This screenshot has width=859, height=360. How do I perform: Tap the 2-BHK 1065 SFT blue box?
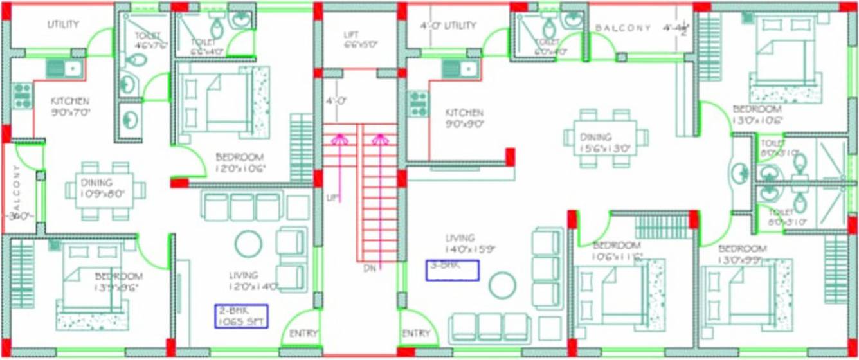coord(241,316)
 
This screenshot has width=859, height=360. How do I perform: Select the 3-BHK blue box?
coord(453,270)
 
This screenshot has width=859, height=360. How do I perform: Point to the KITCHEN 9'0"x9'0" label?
coord(464,118)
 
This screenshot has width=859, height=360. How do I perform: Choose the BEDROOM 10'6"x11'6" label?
coord(617,251)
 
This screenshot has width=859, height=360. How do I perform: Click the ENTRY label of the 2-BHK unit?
coord(303,334)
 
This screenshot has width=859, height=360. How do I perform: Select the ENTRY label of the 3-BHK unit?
coord(415,334)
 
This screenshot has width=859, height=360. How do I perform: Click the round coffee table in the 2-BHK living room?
coord(248,244)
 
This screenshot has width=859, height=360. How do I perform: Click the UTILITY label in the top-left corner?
coord(63,24)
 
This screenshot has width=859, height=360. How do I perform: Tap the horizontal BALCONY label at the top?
coord(623,28)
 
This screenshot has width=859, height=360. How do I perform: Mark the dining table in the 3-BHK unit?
coord(605,138)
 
